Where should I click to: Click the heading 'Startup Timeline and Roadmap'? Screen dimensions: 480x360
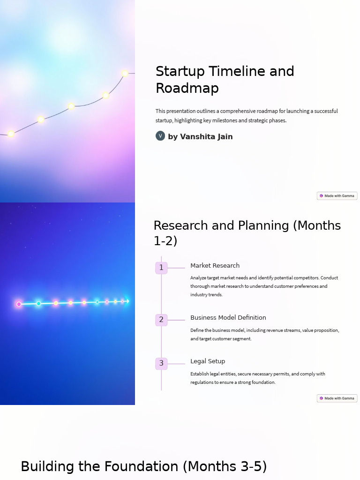[225, 80]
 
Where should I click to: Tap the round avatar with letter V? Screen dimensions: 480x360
[160, 136]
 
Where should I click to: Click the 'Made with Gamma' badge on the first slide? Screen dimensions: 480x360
[337, 196]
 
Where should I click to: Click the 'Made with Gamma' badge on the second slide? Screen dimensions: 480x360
[337, 398]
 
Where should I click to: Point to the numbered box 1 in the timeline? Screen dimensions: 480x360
[161, 268]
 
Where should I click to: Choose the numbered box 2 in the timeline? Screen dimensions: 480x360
[161, 320]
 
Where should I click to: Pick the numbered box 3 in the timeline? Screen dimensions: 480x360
[161, 363]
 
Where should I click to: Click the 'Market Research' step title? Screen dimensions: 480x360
[215, 266]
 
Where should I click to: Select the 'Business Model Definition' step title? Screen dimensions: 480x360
[228, 318]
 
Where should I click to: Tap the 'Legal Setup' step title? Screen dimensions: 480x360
[208, 361]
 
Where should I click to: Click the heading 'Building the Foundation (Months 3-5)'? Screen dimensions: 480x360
[143, 467]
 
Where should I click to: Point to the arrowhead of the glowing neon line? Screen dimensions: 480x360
[127, 301]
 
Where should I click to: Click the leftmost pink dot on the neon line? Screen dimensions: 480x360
[19, 304]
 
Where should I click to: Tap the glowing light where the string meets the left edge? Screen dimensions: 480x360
[11, 134]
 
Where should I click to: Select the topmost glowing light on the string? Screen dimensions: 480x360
[125, 73]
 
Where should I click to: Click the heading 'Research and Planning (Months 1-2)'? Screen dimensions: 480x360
[247, 233]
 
